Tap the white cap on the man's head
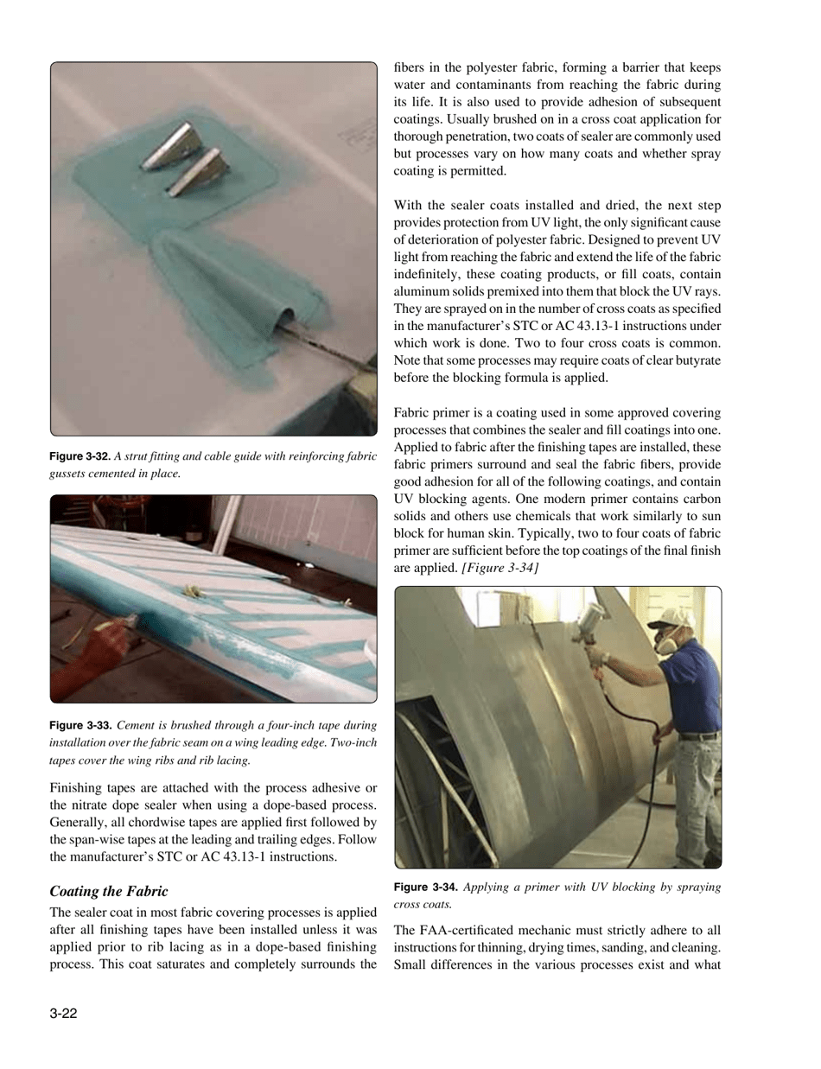click(x=665, y=616)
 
